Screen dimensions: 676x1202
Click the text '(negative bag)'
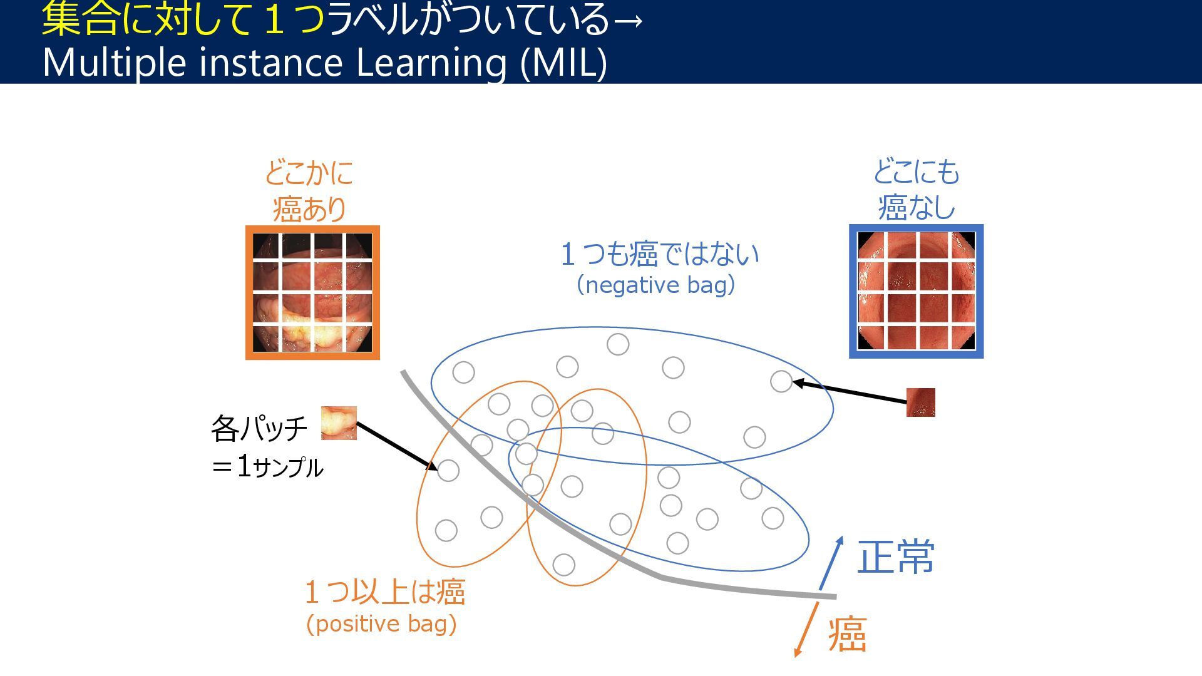click(x=655, y=285)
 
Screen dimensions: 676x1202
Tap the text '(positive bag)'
click(x=381, y=624)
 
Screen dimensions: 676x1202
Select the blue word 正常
click(x=895, y=556)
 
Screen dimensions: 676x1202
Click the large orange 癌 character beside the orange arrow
click(x=847, y=634)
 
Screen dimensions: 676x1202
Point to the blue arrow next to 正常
click(x=831, y=563)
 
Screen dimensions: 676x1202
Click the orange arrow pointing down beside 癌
click(x=807, y=629)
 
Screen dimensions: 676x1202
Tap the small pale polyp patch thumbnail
click(x=339, y=423)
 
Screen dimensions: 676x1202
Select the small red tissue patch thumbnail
click(x=920, y=402)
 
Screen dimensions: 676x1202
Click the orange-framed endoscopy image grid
click(x=312, y=292)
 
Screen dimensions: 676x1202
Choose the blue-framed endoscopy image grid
click(x=916, y=291)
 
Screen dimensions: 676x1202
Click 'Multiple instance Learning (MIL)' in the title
click(x=324, y=63)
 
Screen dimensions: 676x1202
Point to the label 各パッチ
click(x=259, y=429)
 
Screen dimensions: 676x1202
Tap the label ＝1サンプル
click(x=267, y=467)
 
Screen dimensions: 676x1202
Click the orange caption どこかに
click(x=309, y=173)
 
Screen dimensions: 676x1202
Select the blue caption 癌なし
click(x=916, y=207)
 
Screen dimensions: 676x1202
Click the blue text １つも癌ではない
click(x=659, y=253)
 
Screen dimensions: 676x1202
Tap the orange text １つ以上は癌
click(x=384, y=591)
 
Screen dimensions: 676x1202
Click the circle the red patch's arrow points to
click(x=781, y=381)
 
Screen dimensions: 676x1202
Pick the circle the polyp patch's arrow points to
click(x=448, y=470)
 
